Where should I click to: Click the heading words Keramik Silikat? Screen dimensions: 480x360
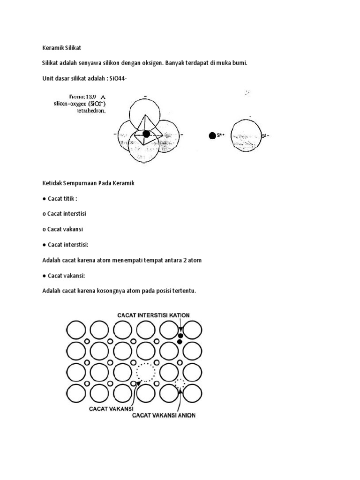click(62, 47)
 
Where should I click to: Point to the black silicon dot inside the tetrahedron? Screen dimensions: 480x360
click(146, 134)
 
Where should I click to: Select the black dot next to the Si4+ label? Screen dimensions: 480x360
click(212, 135)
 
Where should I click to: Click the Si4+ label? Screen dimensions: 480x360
click(221, 135)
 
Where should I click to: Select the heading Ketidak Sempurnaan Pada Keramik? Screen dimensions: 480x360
click(88, 183)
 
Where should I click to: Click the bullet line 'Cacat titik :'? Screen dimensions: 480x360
click(62, 199)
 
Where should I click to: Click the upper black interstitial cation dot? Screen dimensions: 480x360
click(180, 336)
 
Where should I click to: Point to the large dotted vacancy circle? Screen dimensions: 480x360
click(145, 373)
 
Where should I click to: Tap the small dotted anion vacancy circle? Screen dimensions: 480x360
click(180, 384)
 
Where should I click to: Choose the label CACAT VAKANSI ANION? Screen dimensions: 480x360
click(164, 415)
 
